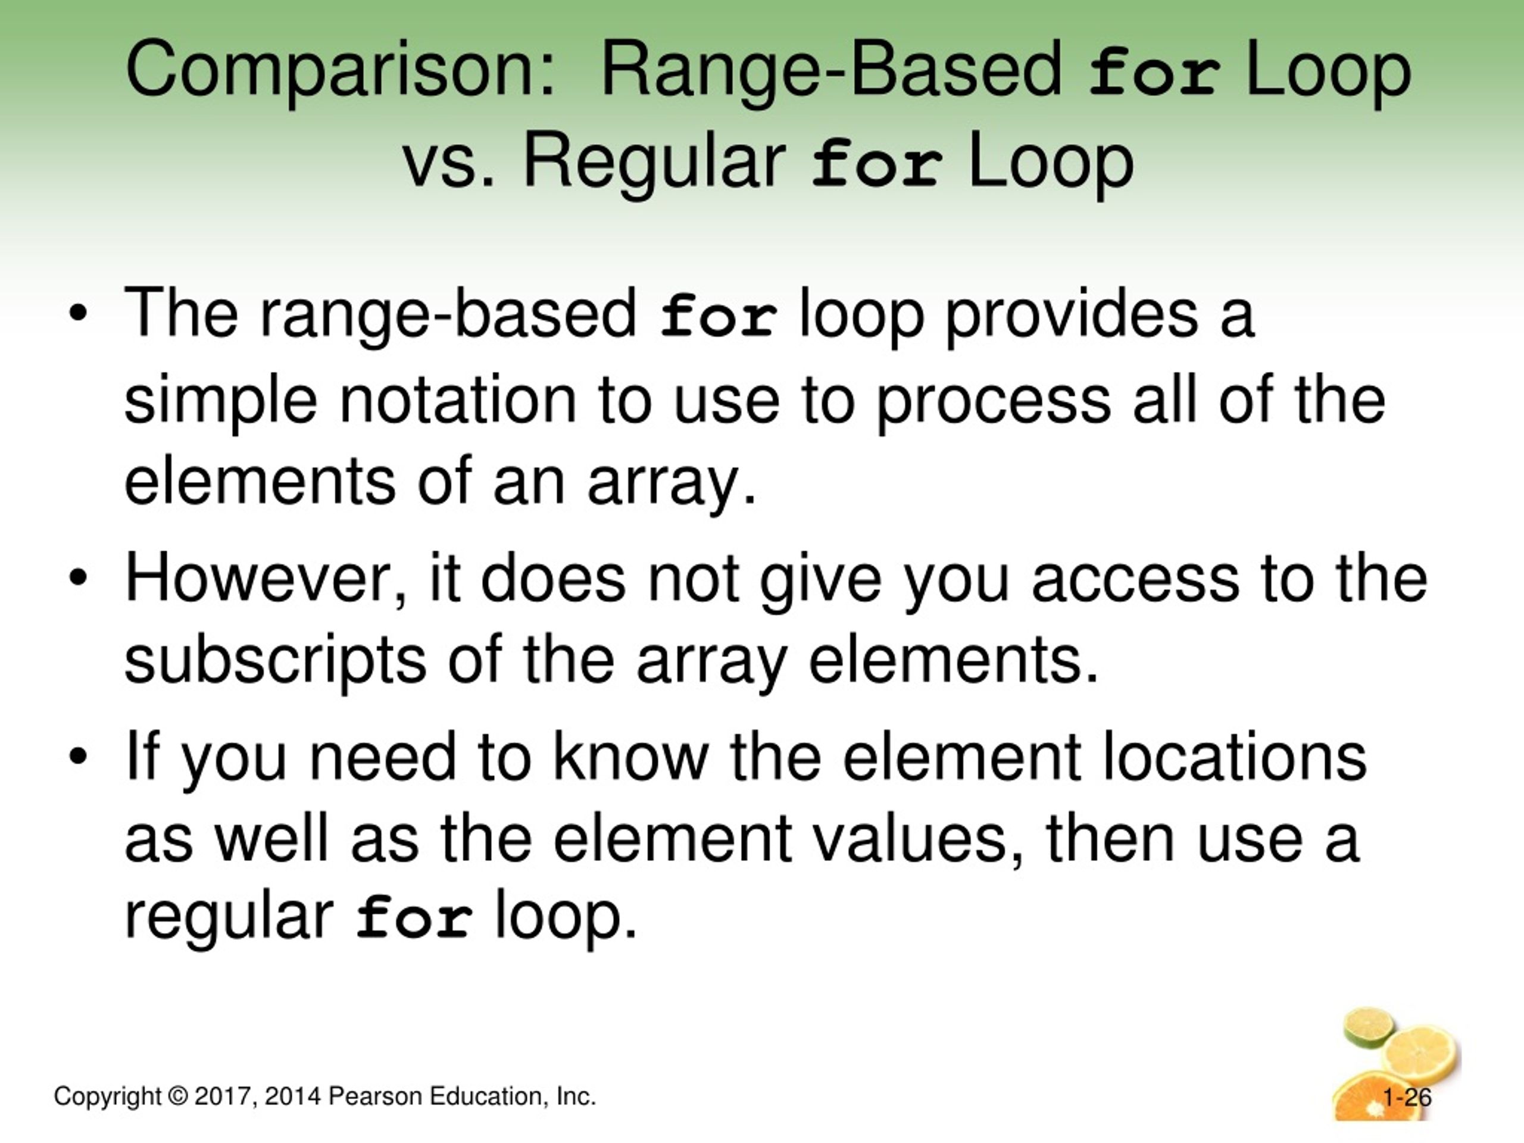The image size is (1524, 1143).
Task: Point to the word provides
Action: click(x=1072, y=316)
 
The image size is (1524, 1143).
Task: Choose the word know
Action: click(x=631, y=757)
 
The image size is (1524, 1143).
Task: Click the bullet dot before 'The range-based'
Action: click(x=79, y=314)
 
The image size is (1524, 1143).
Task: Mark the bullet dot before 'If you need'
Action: click(x=79, y=756)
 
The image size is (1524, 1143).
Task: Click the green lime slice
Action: click(x=1368, y=1025)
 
